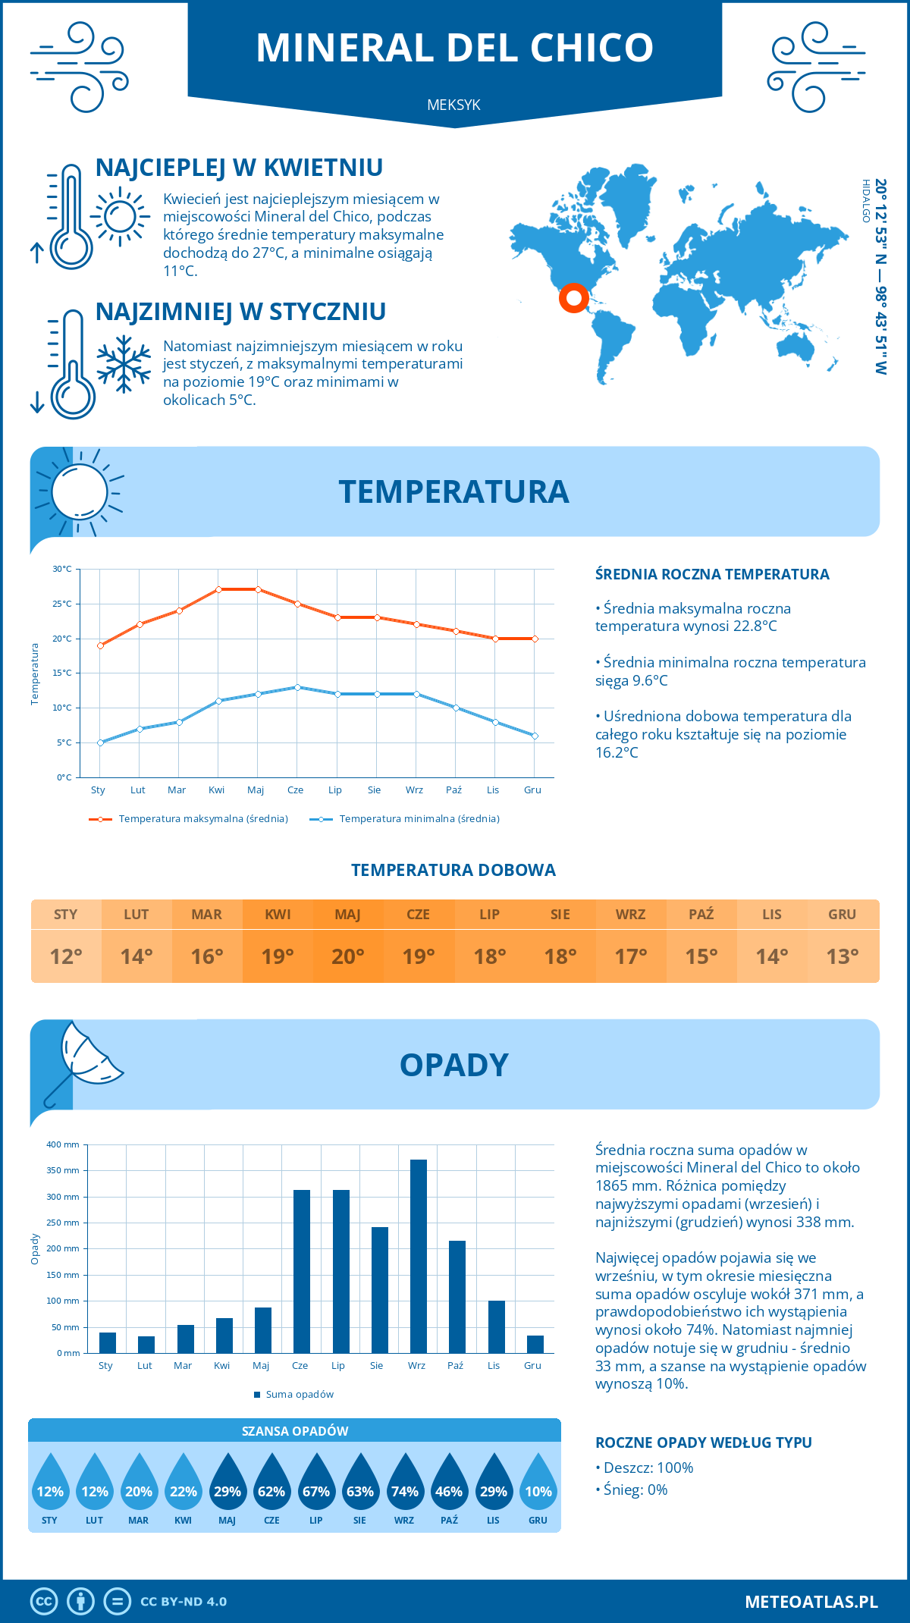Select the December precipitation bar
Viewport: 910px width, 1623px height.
535,1344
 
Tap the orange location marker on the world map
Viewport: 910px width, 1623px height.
574,298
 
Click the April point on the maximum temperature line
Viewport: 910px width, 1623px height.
218,589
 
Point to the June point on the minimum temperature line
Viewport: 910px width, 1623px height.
297,687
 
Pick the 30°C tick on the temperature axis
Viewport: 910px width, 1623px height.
62,569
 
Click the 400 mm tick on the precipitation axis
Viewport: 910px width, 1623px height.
64,1144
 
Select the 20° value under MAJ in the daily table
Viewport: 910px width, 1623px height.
348,956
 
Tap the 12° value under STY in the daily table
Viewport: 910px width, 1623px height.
66,956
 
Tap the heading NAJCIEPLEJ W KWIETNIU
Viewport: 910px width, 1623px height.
239,168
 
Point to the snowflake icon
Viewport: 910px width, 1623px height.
124,364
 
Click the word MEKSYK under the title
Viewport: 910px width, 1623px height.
453,105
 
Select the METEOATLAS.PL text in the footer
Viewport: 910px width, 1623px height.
811,1602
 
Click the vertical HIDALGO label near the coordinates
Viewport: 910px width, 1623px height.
865,201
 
